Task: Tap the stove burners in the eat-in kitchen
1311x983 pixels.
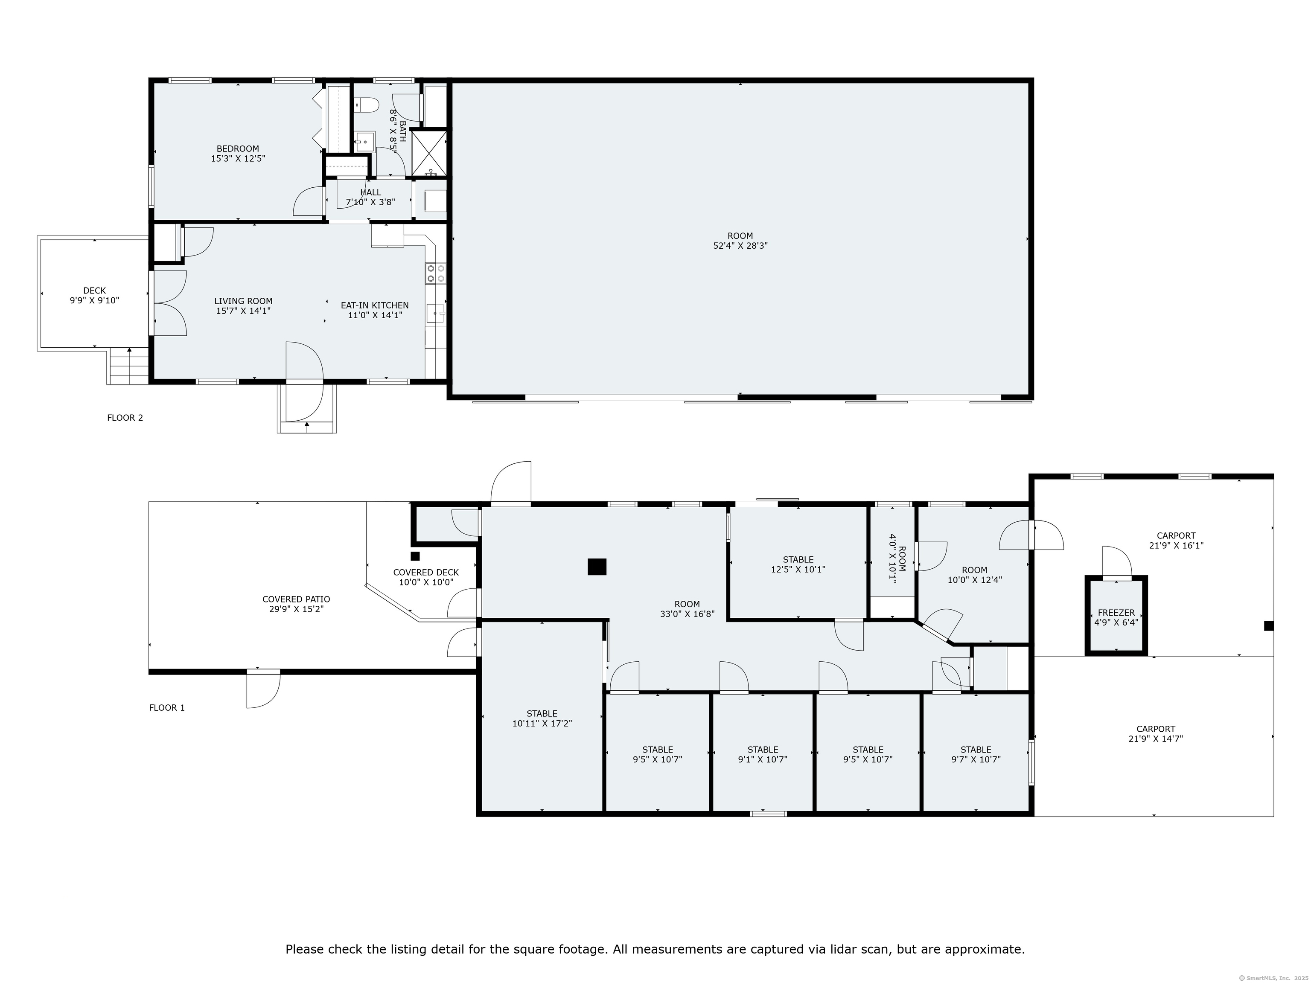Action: coord(436,273)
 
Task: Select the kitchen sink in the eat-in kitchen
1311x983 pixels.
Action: coord(436,313)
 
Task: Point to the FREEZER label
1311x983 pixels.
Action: coord(1116,613)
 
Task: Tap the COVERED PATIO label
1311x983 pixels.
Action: coord(296,599)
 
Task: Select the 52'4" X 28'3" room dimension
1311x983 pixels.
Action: coord(740,245)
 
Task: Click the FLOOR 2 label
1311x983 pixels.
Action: coord(125,418)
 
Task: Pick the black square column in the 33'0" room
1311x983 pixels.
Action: coord(597,567)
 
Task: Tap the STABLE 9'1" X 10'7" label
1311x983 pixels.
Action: coord(763,754)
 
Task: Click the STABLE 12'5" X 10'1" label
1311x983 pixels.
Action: coord(798,564)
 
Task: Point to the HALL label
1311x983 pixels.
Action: coord(370,192)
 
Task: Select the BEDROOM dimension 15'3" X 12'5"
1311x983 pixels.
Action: coord(238,159)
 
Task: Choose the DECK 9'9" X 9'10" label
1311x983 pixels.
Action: coord(94,295)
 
